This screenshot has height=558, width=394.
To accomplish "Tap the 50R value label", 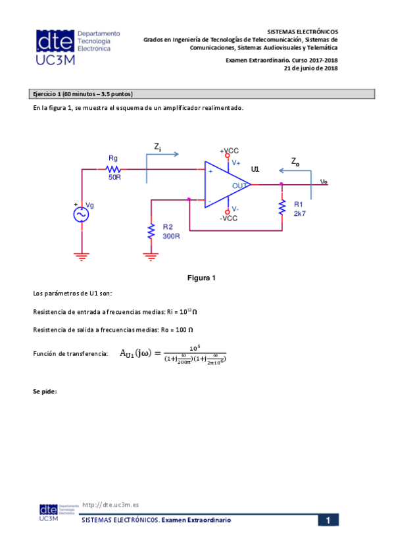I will [x=114, y=178].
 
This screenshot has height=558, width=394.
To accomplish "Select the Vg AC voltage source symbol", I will [x=82, y=215].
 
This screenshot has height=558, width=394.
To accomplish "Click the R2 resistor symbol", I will [x=151, y=231].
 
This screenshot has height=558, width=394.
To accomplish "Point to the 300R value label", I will [x=171, y=236].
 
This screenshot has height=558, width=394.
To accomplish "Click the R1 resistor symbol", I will [x=282, y=207].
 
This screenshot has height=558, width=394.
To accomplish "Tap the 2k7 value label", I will [x=300, y=214].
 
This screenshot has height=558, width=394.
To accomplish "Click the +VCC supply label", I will [x=229, y=151].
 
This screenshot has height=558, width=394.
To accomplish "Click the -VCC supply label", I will [x=228, y=218].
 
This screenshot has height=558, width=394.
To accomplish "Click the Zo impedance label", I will [x=295, y=161].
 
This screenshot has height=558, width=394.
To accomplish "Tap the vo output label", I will [x=324, y=182].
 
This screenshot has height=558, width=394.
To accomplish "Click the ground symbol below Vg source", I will [x=82, y=256].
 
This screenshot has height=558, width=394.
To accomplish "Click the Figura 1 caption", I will [x=202, y=278].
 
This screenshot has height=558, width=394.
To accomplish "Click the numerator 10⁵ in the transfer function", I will [x=194, y=347].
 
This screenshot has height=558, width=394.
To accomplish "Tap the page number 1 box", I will [x=328, y=520].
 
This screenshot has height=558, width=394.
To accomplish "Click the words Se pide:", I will [x=45, y=392].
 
